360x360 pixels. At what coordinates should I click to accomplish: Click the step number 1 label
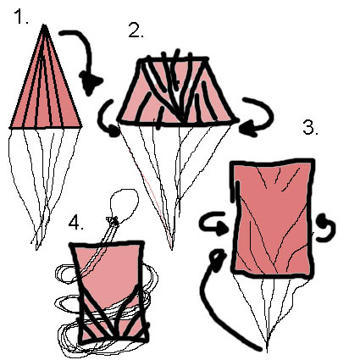click(21, 17)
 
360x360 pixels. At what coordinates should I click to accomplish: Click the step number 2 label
click(136, 30)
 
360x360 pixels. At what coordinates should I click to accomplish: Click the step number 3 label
click(310, 127)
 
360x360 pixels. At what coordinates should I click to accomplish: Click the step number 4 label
click(76, 222)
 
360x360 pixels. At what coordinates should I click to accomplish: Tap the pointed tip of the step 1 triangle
click(44, 25)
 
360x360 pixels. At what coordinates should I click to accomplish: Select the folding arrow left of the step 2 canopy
click(108, 119)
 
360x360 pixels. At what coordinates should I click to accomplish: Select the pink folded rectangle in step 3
click(273, 218)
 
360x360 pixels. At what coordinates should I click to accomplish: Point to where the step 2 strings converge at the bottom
click(172, 248)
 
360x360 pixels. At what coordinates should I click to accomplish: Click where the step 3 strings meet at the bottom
click(268, 350)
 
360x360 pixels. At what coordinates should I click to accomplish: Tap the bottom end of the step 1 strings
click(36, 248)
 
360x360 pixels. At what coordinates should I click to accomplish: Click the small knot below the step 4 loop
click(113, 221)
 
